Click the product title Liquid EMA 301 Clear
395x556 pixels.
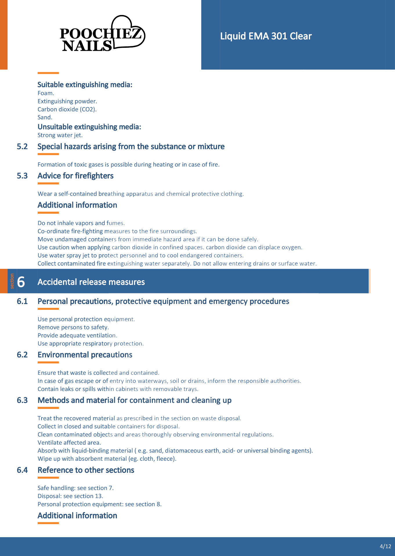tap(266, 36)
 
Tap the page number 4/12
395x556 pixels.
tap(385, 546)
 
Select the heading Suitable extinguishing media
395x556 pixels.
tap(85, 85)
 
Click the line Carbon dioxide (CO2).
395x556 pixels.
tap(67, 109)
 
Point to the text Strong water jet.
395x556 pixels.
tap(60, 135)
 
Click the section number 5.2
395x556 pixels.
tap(22, 147)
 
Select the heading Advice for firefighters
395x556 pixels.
tap(75, 176)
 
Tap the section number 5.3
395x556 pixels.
tap(22, 176)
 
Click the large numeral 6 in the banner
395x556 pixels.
tap(21, 282)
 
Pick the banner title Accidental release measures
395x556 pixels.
tap(91, 282)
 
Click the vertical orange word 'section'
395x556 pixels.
tap(12, 281)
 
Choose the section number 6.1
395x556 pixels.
tap(22, 301)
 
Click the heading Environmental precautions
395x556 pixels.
tap(85, 355)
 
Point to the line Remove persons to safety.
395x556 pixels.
tap(73, 327)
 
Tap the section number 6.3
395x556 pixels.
tap(22, 400)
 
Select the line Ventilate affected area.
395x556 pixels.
tap(69, 442)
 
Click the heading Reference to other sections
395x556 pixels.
tap(86, 470)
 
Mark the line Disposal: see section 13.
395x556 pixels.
tap(70, 496)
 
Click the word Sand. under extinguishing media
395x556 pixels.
tap(45, 117)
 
